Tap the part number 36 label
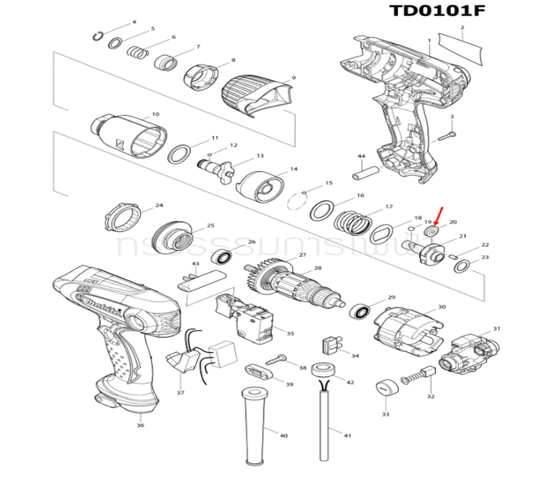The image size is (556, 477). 140,426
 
